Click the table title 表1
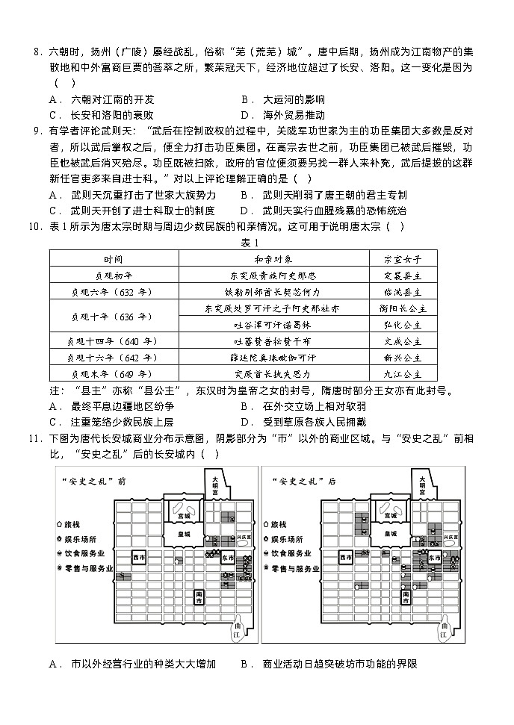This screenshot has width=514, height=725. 250,243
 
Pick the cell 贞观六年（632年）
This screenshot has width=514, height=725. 114,291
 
